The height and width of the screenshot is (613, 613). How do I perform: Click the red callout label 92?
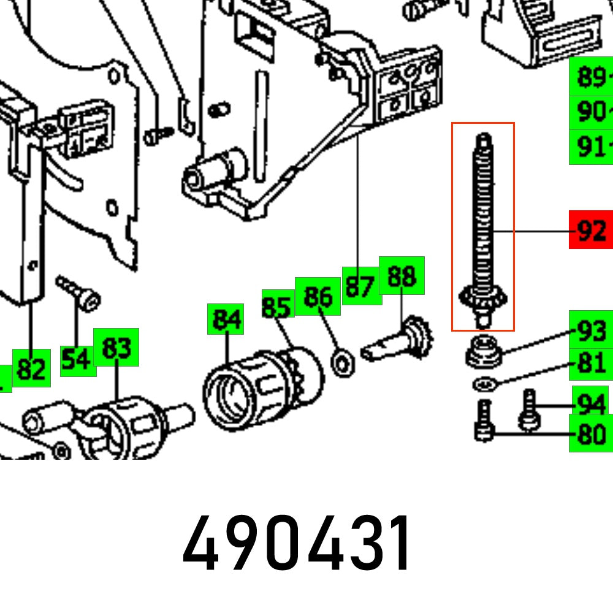(x=590, y=230)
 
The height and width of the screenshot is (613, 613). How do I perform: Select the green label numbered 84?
(x=226, y=319)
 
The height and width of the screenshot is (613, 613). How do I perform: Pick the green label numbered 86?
(x=318, y=296)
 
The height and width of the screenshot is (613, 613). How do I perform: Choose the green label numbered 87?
(x=360, y=286)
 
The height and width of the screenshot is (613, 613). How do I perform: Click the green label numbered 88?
(x=402, y=276)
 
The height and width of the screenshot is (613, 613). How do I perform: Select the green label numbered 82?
(x=32, y=368)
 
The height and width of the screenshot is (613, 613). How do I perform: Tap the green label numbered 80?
(x=591, y=435)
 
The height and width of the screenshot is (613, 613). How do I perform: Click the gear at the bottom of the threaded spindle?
(x=482, y=299)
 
